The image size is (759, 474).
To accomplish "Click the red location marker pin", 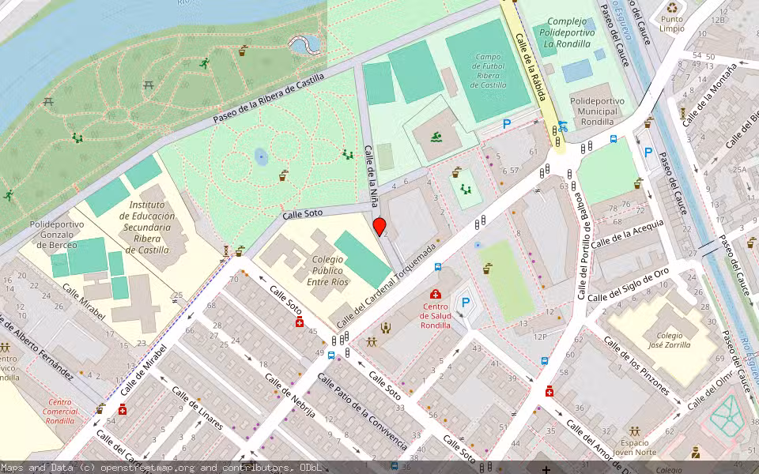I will pyautogui.click(x=379, y=227).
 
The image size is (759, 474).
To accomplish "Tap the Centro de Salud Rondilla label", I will pyautogui.click(x=435, y=315).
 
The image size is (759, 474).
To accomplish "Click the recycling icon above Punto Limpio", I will pyautogui.click(x=672, y=9).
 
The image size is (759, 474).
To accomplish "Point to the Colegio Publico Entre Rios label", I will pyautogui.click(x=316, y=270).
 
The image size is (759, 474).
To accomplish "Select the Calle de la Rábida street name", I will pyautogui.click(x=531, y=66).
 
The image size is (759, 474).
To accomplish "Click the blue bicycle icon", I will pyautogui.click(x=562, y=126).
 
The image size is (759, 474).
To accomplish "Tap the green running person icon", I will pyautogui.click(x=204, y=62).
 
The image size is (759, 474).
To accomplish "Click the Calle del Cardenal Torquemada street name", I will pyautogui.click(x=387, y=286).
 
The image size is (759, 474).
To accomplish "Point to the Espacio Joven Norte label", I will pyautogui.click(x=640, y=448).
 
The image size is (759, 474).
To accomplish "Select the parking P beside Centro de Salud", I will pyautogui.click(x=466, y=302).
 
